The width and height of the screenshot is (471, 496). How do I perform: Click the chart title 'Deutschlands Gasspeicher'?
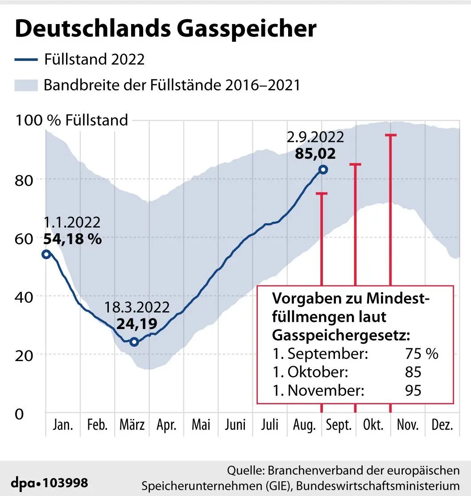point(165,29)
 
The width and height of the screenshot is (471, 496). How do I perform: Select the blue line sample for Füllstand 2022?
point(26,59)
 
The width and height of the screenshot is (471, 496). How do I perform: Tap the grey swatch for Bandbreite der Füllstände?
point(26,85)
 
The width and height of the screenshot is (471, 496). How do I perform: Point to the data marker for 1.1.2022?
point(46,254)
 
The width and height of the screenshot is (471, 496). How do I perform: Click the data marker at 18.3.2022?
point(134,342)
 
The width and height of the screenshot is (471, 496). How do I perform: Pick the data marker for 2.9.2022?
point(323,169)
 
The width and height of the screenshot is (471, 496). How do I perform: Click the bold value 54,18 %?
point(73,239)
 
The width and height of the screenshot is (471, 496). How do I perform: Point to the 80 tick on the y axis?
point(25,180)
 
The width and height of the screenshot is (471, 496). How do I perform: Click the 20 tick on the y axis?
point(25,355)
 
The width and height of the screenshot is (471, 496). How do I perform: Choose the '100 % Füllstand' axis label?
point(72,120)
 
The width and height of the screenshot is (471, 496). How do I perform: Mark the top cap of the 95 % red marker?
point(391,135)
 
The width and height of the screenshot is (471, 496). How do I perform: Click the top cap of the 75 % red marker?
point(322,193)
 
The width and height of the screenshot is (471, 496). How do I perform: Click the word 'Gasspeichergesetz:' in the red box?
point(341,335)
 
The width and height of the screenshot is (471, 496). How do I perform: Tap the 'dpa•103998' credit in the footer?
point(50,483)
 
